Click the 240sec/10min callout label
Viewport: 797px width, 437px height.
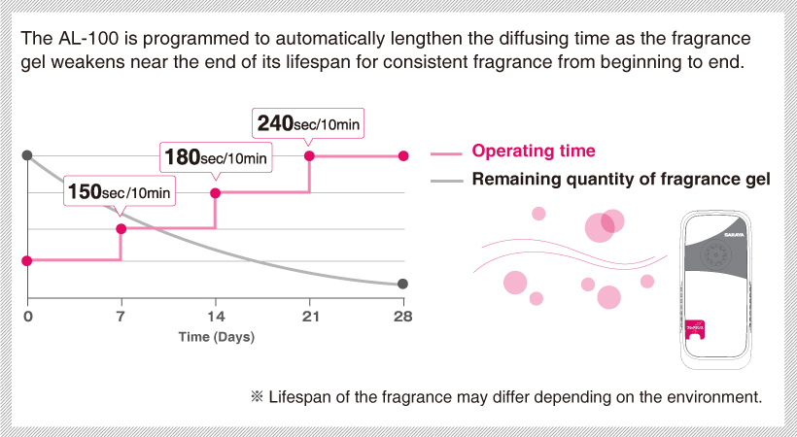click(308, 124)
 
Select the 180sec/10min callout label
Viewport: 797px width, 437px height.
click(215, 156)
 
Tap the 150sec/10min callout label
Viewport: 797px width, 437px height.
click(121, 191)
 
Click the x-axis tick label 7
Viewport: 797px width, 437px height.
click(121, 317)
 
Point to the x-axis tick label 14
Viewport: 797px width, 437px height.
click(215, 317)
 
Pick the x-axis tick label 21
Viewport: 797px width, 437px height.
click(309, 317)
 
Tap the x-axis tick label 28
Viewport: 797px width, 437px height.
click(403, 317)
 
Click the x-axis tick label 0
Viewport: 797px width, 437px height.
click(28, 317)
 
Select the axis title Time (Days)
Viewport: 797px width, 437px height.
click(216, 337)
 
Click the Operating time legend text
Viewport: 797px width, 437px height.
click(533, 151)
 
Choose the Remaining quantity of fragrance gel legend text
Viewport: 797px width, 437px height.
click(621, 180)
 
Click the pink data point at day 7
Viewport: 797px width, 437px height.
click(121, 229)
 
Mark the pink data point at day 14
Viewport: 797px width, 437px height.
click(216, 192)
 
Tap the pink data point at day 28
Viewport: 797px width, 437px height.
click(403, 155)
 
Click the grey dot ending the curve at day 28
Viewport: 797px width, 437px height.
click(403, 285)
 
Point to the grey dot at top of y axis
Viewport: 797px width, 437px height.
click(27, 155)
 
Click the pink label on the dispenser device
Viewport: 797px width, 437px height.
click(695, 330)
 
